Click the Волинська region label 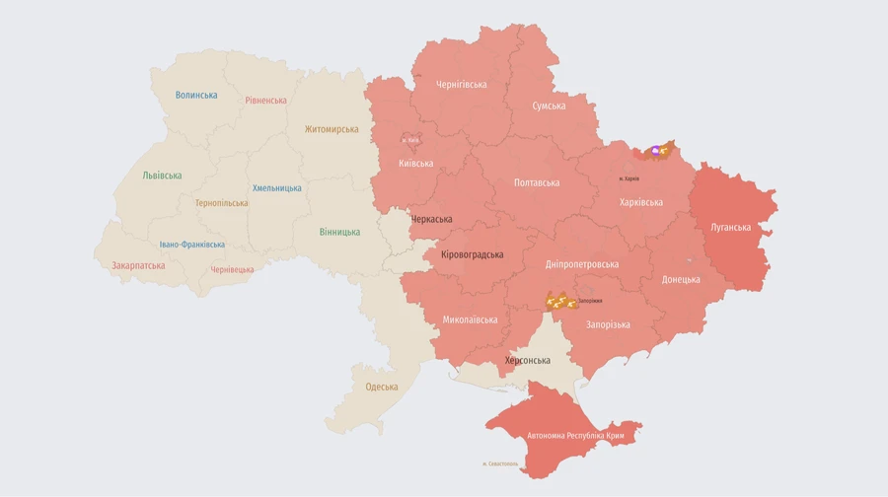(196, 96)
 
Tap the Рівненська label (266, 101)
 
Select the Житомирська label (332, 129)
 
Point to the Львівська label (162, 176)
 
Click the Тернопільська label (222, 203)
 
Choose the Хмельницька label (277, 188)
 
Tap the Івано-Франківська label (192, 245)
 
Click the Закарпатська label (138, 265)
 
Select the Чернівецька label (232, 270)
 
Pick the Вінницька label (339, 233)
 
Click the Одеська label (382, 387)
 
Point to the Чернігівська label (462, 85)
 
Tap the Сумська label (549, 106)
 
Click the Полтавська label (537, 182)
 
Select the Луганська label (730, 228)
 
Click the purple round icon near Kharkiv (655, 151)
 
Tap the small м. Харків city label (629, 178)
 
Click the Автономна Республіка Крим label (575, 435)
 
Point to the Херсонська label (528, 361)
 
